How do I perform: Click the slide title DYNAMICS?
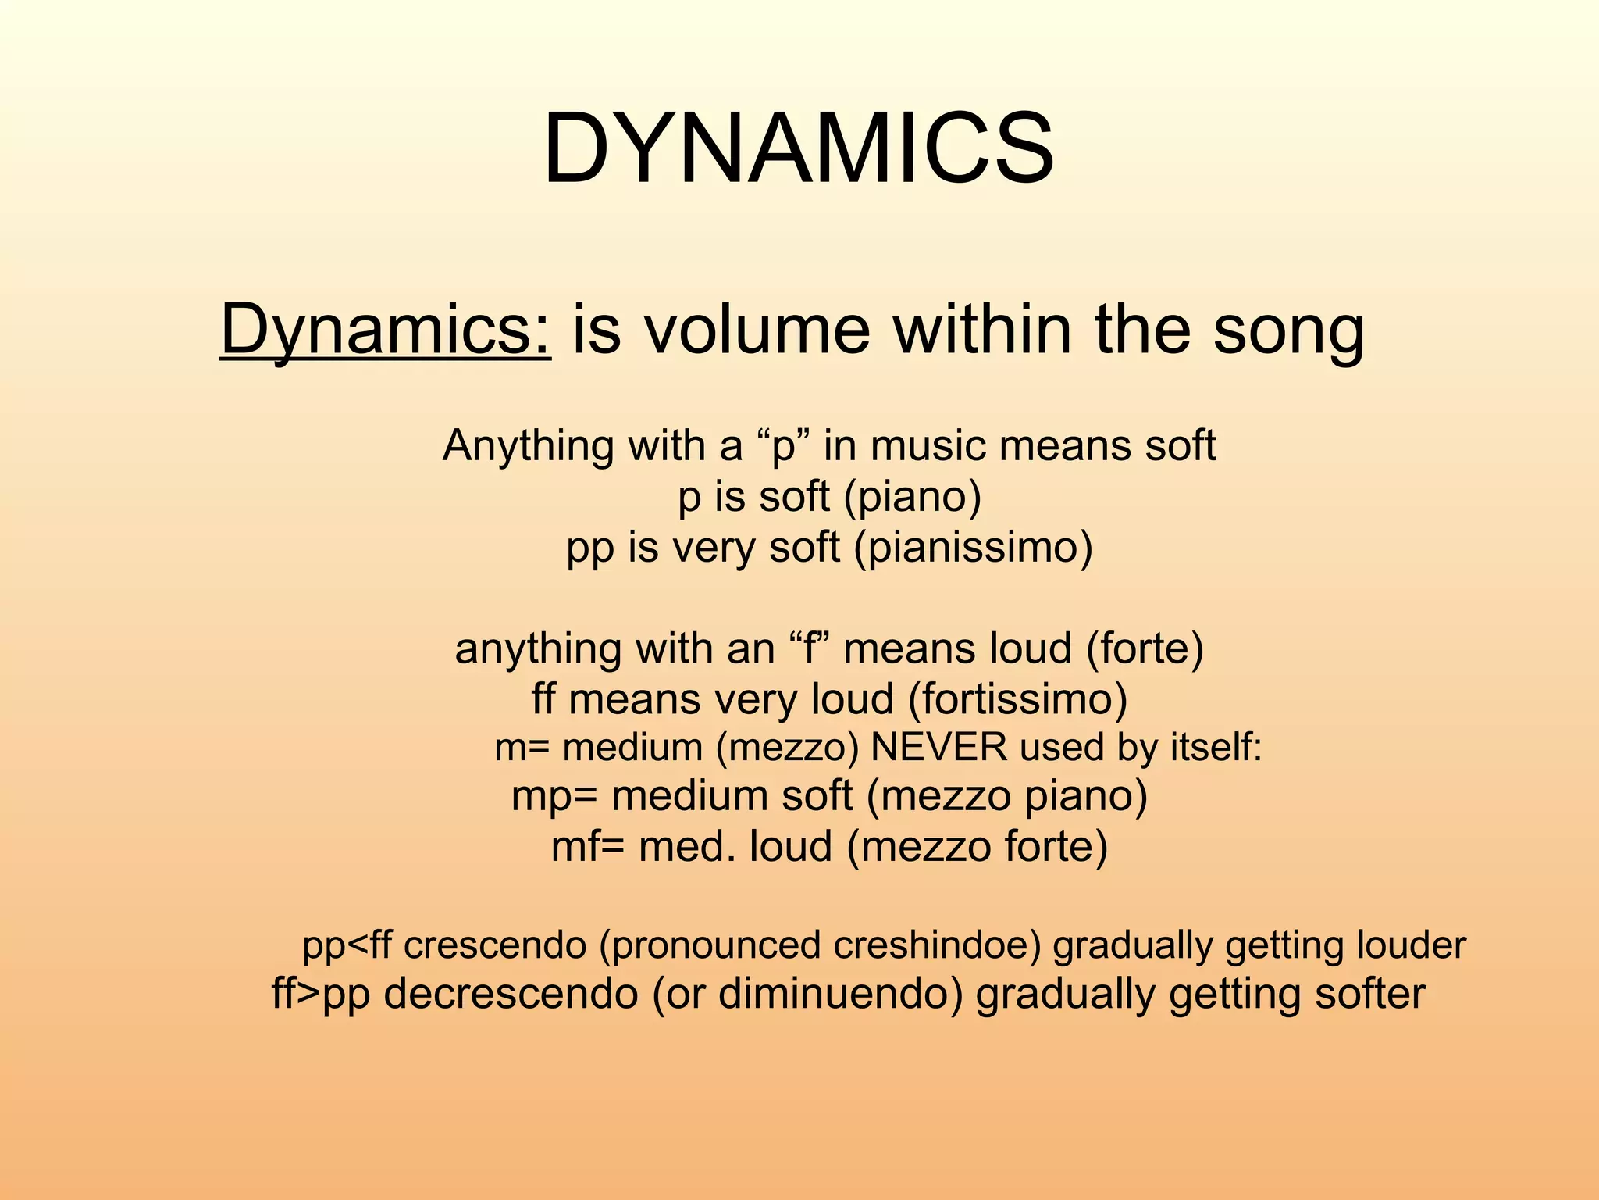click(799, 148)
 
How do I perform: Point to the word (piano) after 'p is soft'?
click(913, 498)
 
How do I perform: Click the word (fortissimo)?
click(1017, 699)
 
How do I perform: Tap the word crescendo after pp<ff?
click(495, 946)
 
